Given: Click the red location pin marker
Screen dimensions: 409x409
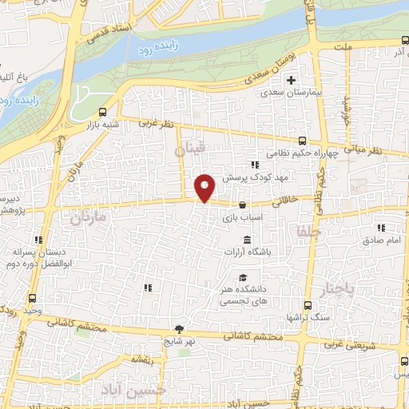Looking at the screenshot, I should tap(205, 188).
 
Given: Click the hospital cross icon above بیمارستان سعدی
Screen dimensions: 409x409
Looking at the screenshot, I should tap(292, 80).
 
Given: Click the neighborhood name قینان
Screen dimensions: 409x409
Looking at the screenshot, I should tap(190, 149).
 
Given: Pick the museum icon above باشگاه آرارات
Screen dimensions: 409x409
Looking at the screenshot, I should tap(246, 240).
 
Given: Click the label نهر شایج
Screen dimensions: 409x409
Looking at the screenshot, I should tap(178, 342).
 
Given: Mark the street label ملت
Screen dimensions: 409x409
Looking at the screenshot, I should tap(344, 49).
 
